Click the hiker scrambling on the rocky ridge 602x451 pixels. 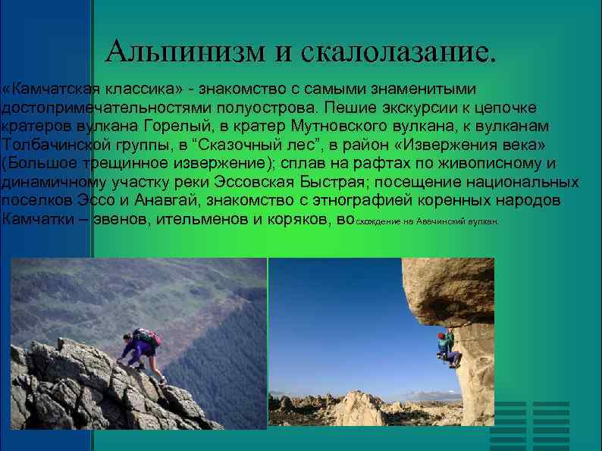[x=141, y=352]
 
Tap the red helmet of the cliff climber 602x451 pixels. [x=441, y=334]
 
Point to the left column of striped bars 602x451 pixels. [x=507, y=425]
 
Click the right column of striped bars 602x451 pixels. [x=550, y=425]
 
